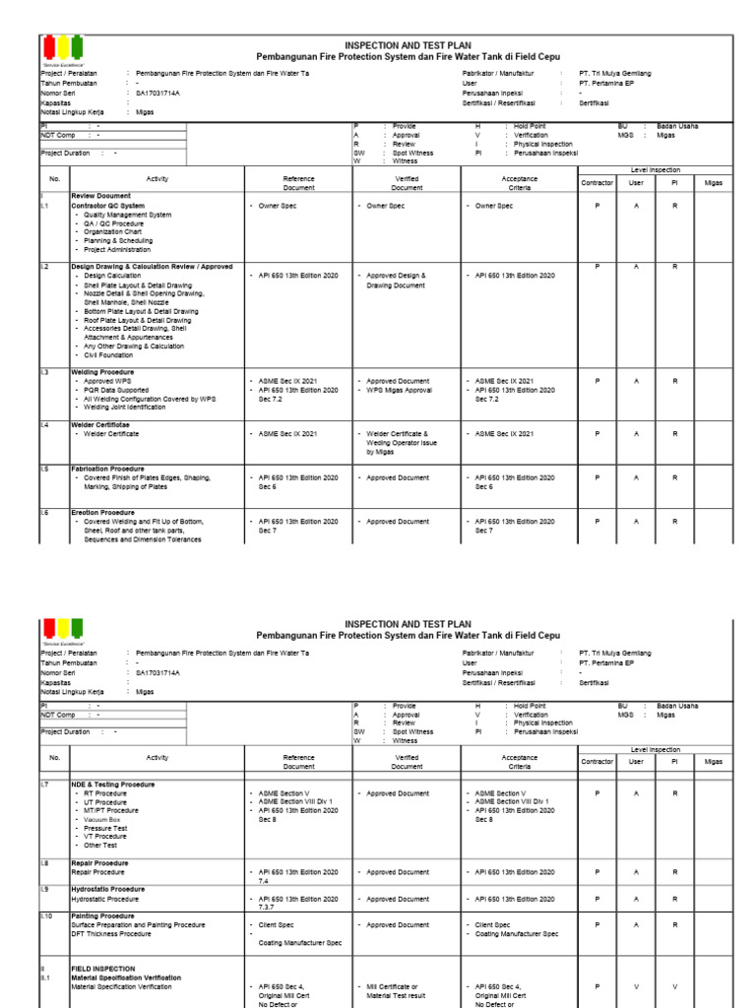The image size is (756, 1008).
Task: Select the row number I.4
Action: tap(45, 424)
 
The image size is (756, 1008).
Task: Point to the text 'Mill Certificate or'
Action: tap(393, 985)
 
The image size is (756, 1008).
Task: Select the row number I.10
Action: tap(46, 915)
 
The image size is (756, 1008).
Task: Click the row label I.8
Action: tap(45, 862)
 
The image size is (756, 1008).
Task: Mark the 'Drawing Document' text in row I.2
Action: tap(396, 285)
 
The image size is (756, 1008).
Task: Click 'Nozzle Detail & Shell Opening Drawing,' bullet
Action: tap(144, 293)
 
